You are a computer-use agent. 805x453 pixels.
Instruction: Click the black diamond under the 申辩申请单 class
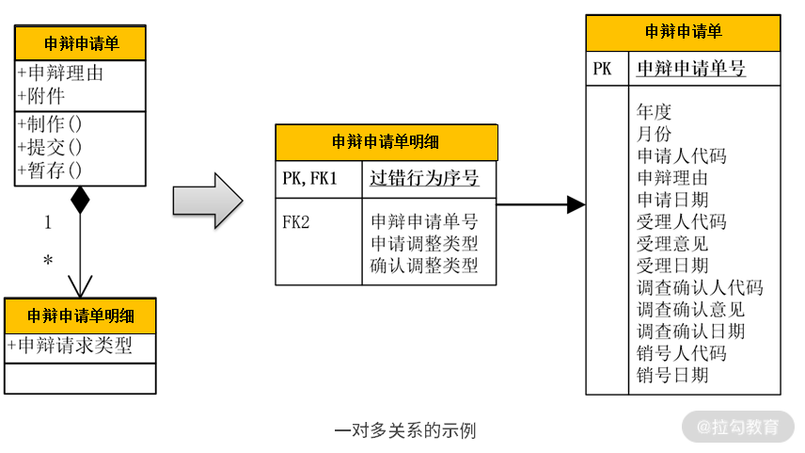(80, 200)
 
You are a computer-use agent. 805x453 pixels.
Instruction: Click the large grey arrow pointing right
(208, 200)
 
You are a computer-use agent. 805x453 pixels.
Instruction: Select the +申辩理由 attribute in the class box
(60, 73)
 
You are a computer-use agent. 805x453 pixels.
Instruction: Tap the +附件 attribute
(41, 95)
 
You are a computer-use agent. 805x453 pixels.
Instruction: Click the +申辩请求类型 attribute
(70, 346)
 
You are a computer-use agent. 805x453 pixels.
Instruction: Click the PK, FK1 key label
(309, 178)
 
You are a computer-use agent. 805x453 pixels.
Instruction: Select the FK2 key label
(296, 222)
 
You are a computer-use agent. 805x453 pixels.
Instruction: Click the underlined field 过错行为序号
(424, 178)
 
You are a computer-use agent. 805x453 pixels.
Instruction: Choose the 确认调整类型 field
(424, 266)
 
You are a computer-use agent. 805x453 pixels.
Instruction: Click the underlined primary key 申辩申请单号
(691, 68)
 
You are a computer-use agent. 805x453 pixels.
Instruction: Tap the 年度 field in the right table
(655, 111)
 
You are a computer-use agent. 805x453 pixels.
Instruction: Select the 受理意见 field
(672, 243)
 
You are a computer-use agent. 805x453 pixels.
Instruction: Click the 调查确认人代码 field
(700, 287)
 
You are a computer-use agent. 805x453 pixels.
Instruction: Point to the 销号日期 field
(672, 375)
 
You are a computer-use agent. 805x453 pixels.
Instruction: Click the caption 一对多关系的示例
(405, 430)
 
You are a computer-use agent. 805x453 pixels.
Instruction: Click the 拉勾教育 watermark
(738, 427)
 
